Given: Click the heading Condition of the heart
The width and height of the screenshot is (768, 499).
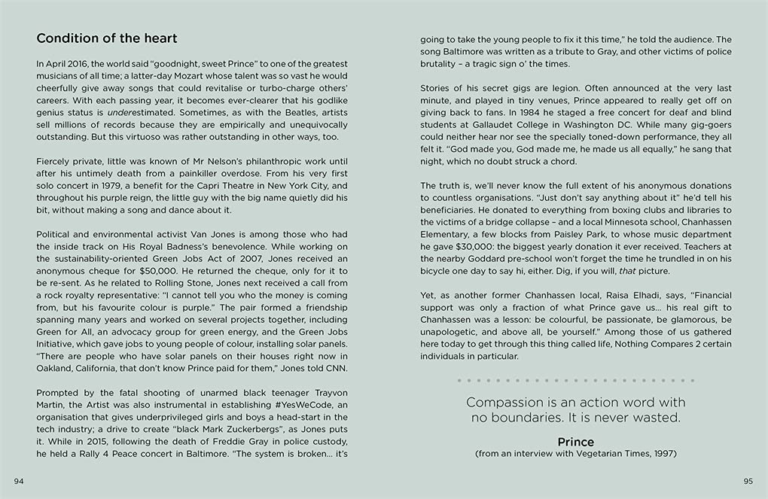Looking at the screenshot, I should [x=107, y=38].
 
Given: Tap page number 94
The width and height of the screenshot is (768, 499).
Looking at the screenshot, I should [x=20, y=481].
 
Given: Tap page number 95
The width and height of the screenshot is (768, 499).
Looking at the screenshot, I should [x=748, y=481].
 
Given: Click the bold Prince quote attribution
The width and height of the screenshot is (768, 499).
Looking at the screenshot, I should [x=575, y=442].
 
